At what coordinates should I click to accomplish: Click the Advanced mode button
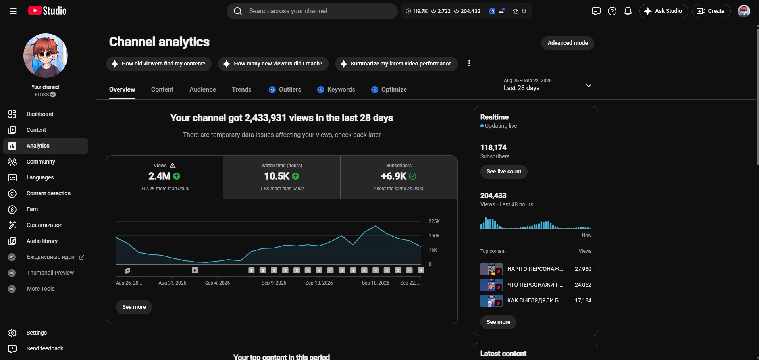568,43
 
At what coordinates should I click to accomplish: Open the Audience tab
202,89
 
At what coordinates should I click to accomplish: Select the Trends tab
241,89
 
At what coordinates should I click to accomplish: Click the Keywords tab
336,89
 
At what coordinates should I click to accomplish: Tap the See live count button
504,171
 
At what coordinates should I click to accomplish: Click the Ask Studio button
663,11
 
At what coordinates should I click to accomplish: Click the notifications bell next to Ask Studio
628,11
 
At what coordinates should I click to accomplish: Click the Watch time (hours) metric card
282,177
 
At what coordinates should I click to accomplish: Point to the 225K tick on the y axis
434,221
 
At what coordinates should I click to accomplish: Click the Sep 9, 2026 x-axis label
274,283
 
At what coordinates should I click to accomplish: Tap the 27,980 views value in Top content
583,269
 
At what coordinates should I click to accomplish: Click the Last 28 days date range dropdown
548,85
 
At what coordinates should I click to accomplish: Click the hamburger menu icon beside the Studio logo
13,11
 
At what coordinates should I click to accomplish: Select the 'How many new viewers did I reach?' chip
273,64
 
